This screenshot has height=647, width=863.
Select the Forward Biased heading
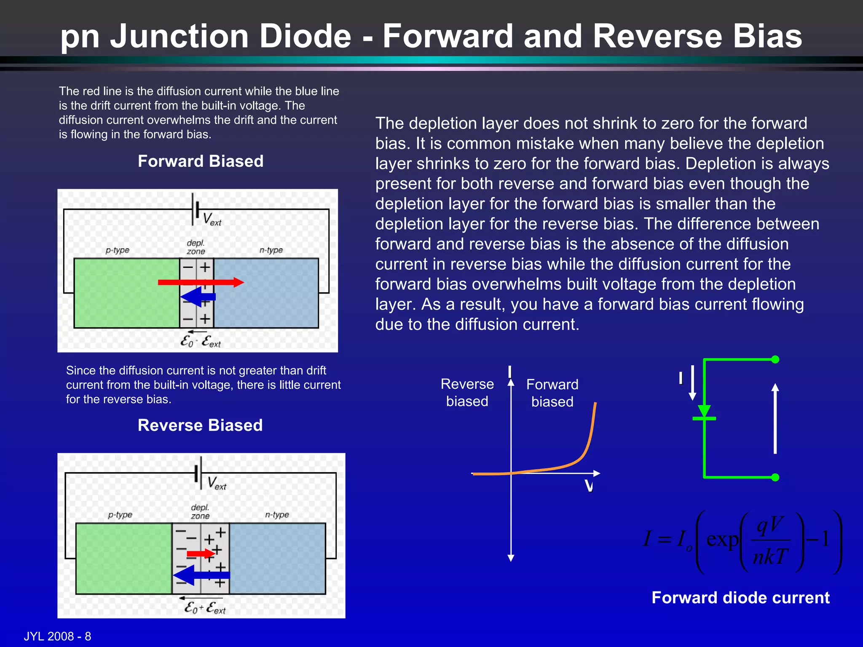pos(201,161)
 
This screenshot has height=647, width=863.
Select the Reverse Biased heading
pos(200,425)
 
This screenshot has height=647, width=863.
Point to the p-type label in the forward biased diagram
pos(117,250)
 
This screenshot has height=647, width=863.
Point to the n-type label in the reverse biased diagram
pos(277,515)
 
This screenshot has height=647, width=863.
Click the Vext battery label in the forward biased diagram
pos(212,219)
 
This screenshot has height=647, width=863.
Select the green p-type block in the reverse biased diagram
pos(123,559)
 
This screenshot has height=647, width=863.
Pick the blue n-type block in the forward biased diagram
pos(266,293)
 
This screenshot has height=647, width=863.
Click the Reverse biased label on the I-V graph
pos(467,393)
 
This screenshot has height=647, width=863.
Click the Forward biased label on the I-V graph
pos(552,393)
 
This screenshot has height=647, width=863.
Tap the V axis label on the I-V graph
pos(589,486)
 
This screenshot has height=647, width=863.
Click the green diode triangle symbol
pos(704,411)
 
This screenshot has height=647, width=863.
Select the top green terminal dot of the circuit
pos(775,359)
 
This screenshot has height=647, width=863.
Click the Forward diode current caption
pos(740,598)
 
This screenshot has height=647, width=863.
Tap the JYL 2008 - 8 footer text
pos(57,636)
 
